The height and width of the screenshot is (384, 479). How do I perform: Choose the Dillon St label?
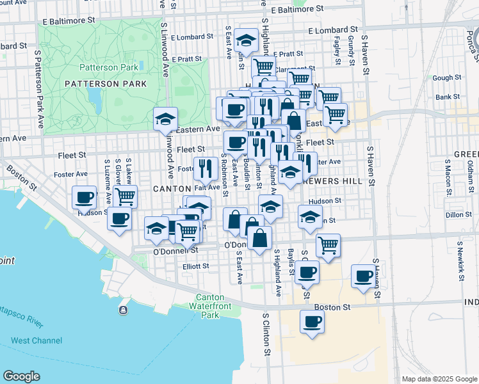(x=459, y=215)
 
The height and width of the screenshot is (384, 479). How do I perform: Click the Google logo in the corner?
(x=21, y=376)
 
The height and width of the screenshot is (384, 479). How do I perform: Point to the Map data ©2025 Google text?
(x=439, y=379)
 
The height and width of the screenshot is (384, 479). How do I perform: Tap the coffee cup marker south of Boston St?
(x=312, y=321)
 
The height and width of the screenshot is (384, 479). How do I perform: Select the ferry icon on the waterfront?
(x=122, y=310)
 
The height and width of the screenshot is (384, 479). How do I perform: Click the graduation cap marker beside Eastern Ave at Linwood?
(x=165, y=118)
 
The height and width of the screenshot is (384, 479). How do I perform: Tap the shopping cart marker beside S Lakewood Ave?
(x=125, y=196)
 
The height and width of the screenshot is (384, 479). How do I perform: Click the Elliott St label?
(x=196, y=266)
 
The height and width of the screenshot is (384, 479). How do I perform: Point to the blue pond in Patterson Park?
(x=95, y=97)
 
